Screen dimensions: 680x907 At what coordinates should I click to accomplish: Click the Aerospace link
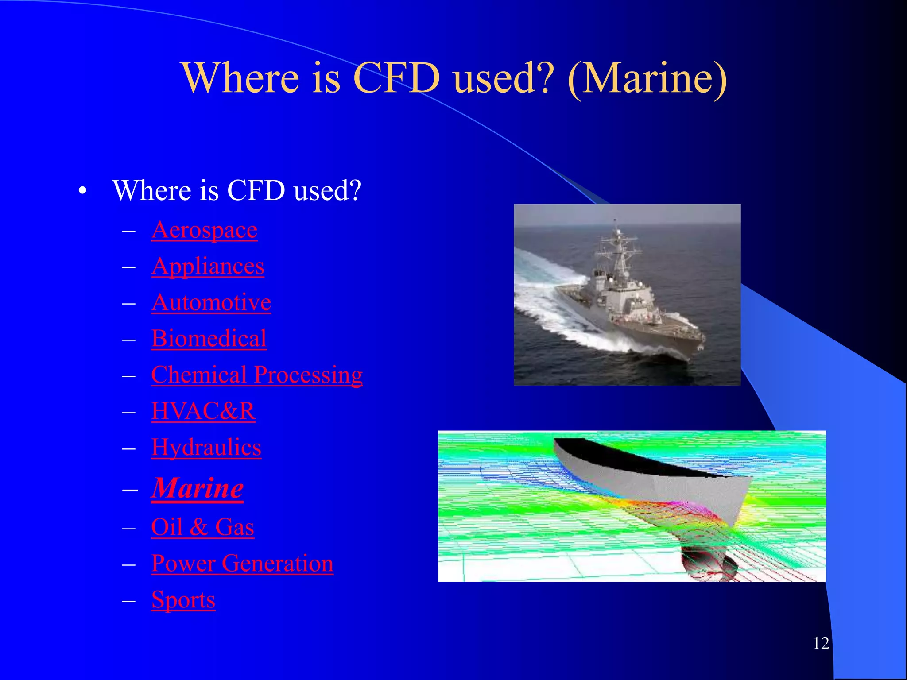coord(204,230)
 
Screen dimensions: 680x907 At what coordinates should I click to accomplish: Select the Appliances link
coord(208,267)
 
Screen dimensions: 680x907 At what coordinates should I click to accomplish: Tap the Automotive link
coord(211,303)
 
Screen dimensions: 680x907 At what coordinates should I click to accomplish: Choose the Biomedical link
coord(209,339)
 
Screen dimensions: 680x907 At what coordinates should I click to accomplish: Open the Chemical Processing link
coord(257,375)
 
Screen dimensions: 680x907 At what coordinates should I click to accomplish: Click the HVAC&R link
coord(203,412)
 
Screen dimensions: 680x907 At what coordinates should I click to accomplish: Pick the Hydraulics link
coord(206,448)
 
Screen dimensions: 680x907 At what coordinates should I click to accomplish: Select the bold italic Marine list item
coord(198,488)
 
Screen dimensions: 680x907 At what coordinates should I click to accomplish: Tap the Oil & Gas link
coord(202,528)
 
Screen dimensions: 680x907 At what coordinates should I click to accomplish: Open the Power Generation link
coord(242,564)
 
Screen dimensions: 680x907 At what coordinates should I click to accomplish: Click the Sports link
coord(183,600)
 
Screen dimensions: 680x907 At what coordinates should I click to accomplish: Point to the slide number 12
coord(821,643)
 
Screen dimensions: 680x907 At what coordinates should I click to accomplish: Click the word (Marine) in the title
coord(647,78)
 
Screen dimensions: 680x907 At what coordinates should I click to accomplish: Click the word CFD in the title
coord(397,78)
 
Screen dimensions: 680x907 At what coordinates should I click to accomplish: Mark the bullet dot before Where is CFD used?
coord(82,192)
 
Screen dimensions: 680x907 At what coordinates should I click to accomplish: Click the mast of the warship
coord(617,248)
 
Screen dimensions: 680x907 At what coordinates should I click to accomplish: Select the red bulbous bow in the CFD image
coord(709,564)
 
